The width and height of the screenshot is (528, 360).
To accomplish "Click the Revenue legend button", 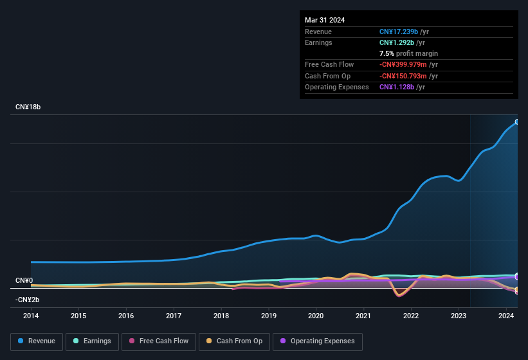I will tap(37, 341).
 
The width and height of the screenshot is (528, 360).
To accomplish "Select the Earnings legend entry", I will tap(92, 341).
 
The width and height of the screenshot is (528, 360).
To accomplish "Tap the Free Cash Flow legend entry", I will tap(159, 341).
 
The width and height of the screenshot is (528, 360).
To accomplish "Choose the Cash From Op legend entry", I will tap(234, 341).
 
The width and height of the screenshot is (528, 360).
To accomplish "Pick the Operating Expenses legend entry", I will tap(318, 341).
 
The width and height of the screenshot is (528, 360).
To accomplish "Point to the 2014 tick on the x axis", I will tap(31, 316).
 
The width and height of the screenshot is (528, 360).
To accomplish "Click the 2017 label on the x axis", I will tap(174, 316).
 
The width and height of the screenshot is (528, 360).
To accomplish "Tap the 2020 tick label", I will tap(316, 316).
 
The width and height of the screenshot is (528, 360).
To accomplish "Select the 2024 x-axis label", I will tap(505, 316).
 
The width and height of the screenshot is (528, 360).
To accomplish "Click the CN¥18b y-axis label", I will tap(28, 107).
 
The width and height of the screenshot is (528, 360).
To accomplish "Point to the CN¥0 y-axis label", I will tap(24, 281).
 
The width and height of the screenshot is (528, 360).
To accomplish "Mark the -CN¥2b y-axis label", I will tap(28, 300).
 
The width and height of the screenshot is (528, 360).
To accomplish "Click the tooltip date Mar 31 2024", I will tap(325, 20).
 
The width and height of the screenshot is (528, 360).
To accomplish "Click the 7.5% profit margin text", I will tap(408, 53).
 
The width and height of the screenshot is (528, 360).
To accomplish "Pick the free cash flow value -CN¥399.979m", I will tap(409, 64).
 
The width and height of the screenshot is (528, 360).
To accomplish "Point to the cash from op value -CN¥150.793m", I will tap(409, 76).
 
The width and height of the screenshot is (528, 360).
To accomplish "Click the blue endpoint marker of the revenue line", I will tap(517, 122).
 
